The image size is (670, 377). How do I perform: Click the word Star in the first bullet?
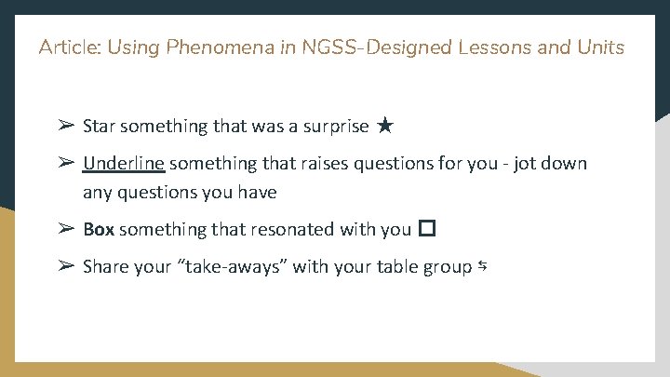(x=99, y=126)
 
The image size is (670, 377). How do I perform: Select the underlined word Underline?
(x=124, y=164)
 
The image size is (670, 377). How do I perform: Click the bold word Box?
(x=98, y=229)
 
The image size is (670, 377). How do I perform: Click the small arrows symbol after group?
(x=483, y=266)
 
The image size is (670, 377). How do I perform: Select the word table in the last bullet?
(x=395, y=267)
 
